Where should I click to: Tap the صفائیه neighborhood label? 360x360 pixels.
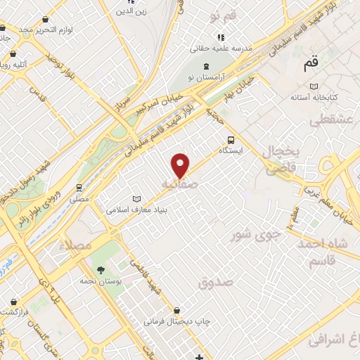pos(179,184)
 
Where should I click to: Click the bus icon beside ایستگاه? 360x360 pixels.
pos(231,139)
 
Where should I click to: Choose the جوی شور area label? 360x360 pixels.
pos(256,233)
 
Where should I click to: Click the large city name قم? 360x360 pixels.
pos(311,65)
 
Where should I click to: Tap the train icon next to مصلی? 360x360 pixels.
pos(79,188)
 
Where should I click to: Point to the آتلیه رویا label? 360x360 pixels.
pos(14,65)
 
